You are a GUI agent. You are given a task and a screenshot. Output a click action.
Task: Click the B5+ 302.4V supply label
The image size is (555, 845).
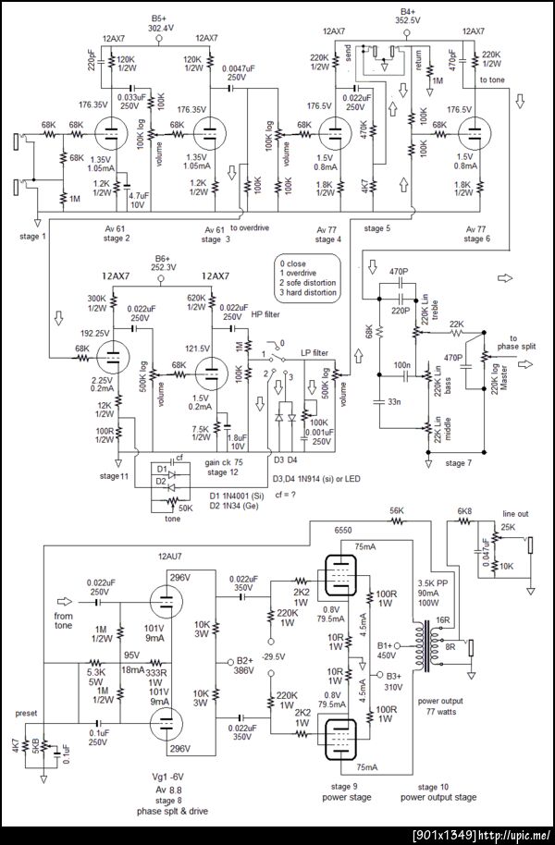coord(162,23)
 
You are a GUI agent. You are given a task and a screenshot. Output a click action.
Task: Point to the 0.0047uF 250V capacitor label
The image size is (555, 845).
coord(243,73)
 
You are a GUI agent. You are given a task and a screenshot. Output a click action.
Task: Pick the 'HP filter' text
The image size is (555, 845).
coord(265,315)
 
